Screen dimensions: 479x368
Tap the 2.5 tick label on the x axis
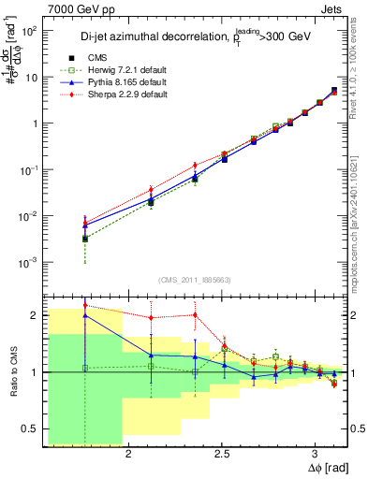tap(222, 457)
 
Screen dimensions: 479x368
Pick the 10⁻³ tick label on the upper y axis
tap(28, 262)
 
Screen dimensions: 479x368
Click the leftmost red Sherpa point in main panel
tap(85, 221)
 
